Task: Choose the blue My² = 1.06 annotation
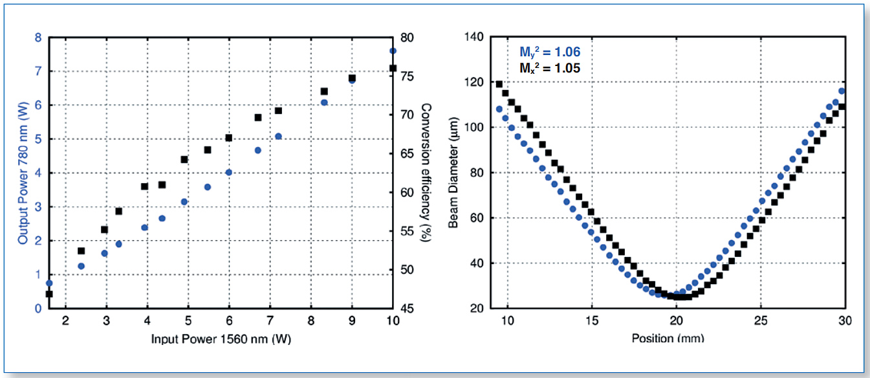(550, 53)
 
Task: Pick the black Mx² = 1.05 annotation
(550, 67)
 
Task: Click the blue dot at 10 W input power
(393, 50)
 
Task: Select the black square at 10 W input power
(393, 68)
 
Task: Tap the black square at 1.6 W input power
(49, 294)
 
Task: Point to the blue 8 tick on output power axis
(38, 38)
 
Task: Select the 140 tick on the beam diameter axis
(474, 38)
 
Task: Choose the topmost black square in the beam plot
(499, 84)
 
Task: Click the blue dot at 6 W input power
(228, 172)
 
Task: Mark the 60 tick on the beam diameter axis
(477, 218)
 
